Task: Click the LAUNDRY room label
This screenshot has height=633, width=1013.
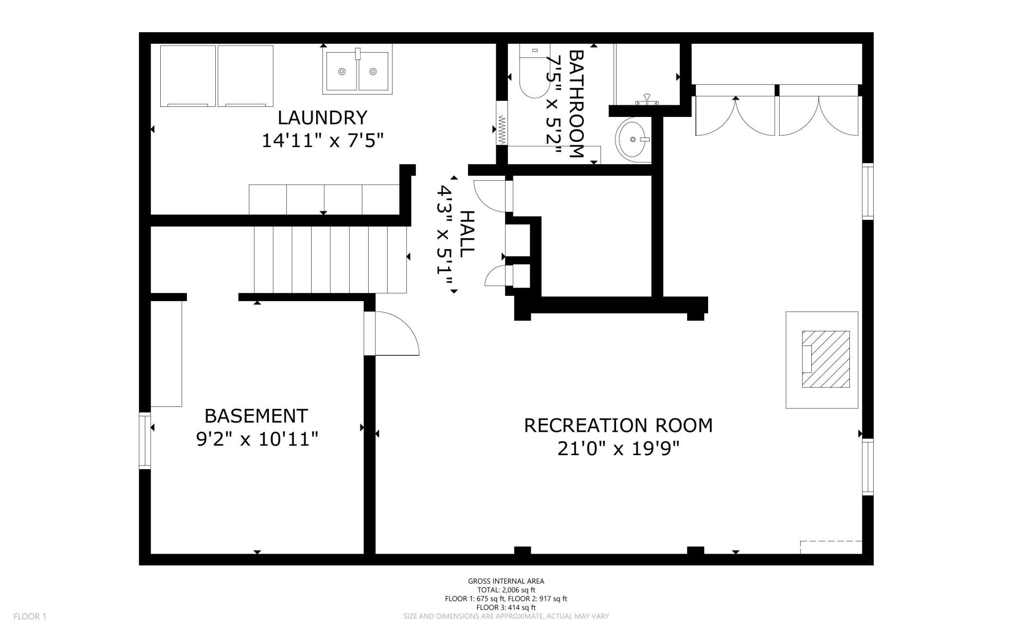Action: [x=322, y=117]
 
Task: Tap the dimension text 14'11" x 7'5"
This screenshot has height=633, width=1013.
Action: [x=323, y=141]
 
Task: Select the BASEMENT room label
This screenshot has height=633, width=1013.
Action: [x=256, y=416]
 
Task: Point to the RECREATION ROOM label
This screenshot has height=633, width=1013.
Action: [x=618, y=425]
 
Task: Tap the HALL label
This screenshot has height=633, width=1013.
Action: [x=467, y=234]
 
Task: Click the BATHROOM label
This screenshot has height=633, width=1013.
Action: [x=576, y=104]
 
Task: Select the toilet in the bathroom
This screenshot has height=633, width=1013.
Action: [x=534, y=71]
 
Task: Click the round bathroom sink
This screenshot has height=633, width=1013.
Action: [x=633, y=139]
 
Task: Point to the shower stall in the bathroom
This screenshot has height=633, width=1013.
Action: [x=646, y=74]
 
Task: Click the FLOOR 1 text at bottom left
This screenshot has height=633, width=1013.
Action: [x=30, y=616]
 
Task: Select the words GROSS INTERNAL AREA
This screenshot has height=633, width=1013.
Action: [x=506, y=581]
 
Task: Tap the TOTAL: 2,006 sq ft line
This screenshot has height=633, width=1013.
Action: [x=506, y=590]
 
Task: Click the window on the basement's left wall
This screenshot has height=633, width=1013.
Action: [x=145, y=441]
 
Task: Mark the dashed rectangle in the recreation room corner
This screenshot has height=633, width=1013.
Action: [x=831, y=547]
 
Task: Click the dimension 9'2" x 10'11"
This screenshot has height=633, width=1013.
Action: [x=257, y=440]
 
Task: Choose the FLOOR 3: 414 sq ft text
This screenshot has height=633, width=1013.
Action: [x=506, y=608]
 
